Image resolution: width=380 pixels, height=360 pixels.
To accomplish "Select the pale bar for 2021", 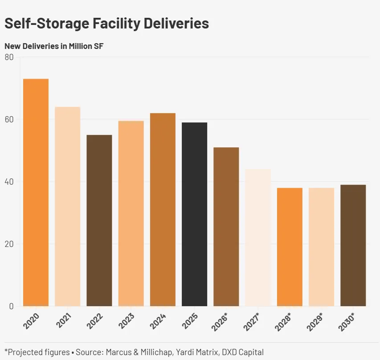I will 67,206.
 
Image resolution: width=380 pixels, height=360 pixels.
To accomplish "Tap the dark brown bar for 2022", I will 99,220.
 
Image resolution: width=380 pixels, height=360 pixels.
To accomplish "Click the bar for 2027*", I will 258,238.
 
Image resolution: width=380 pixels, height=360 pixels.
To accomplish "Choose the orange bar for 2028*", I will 290,247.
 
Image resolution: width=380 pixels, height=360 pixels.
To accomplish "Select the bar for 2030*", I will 353,245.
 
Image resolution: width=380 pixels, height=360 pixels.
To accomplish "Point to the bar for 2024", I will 163,210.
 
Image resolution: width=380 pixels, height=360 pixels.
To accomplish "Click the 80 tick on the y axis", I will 9,57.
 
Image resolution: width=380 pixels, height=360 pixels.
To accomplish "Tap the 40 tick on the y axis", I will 9,182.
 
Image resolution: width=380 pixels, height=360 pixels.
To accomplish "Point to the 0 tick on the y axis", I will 11,306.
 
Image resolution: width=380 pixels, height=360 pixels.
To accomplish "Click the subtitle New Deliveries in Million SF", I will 54,46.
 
